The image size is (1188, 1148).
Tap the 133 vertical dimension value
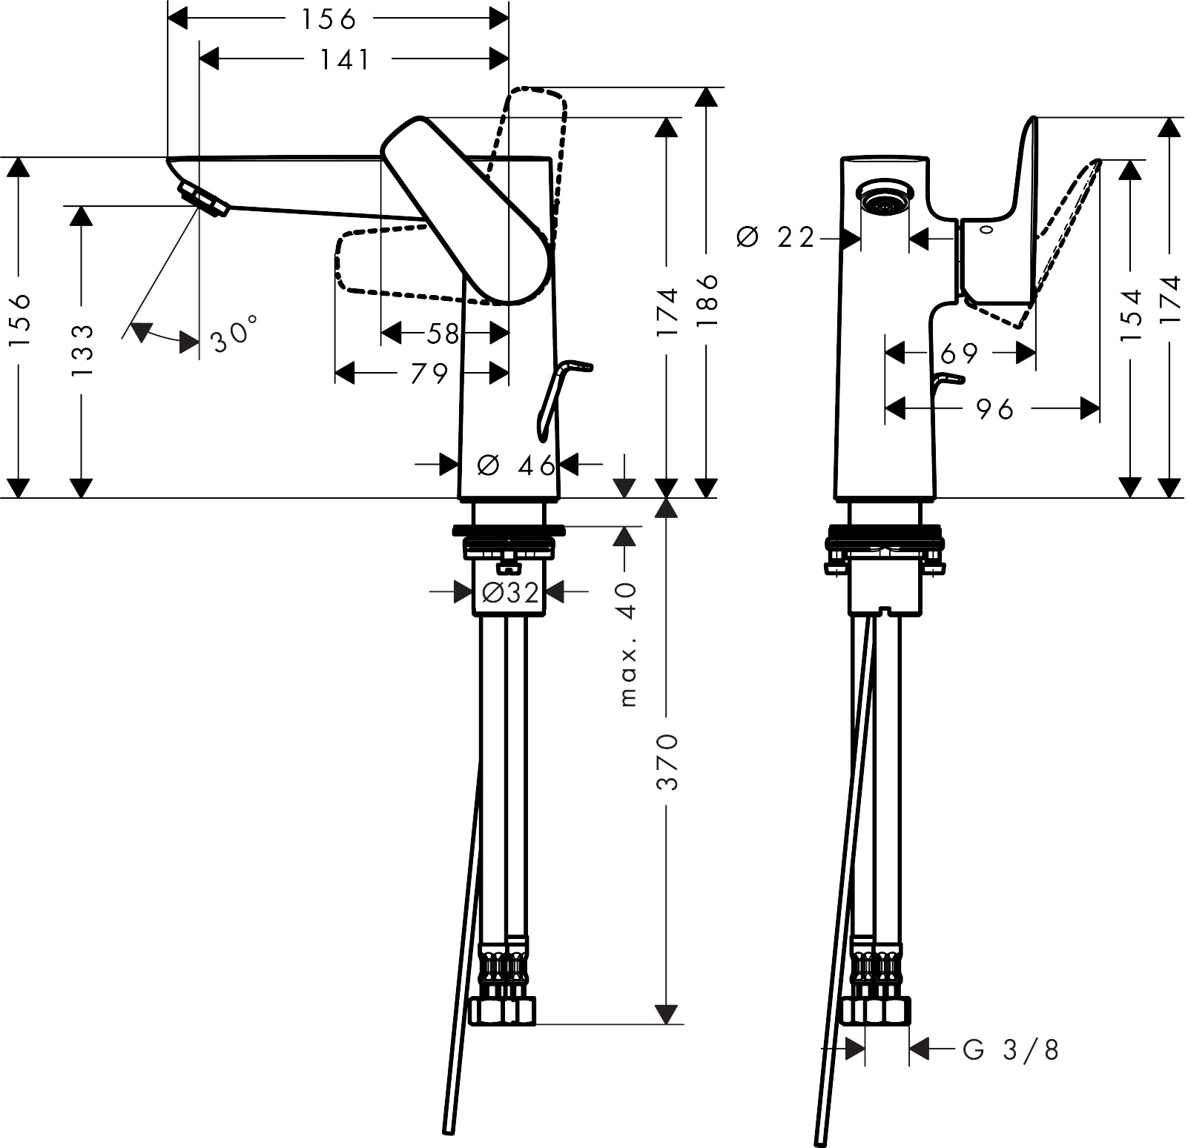tap(83, 350)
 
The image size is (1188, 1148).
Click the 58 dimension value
tap(443, 334)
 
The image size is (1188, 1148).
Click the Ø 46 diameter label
tap(516, 465)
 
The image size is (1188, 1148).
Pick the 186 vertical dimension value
tap(707, 302)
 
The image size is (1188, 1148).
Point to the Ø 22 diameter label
tap(775, 238)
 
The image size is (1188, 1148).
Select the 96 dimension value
tap(994, 408)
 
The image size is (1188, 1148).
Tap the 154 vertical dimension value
tap(1130, 316)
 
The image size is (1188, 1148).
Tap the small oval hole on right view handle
tap(986, 229)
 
